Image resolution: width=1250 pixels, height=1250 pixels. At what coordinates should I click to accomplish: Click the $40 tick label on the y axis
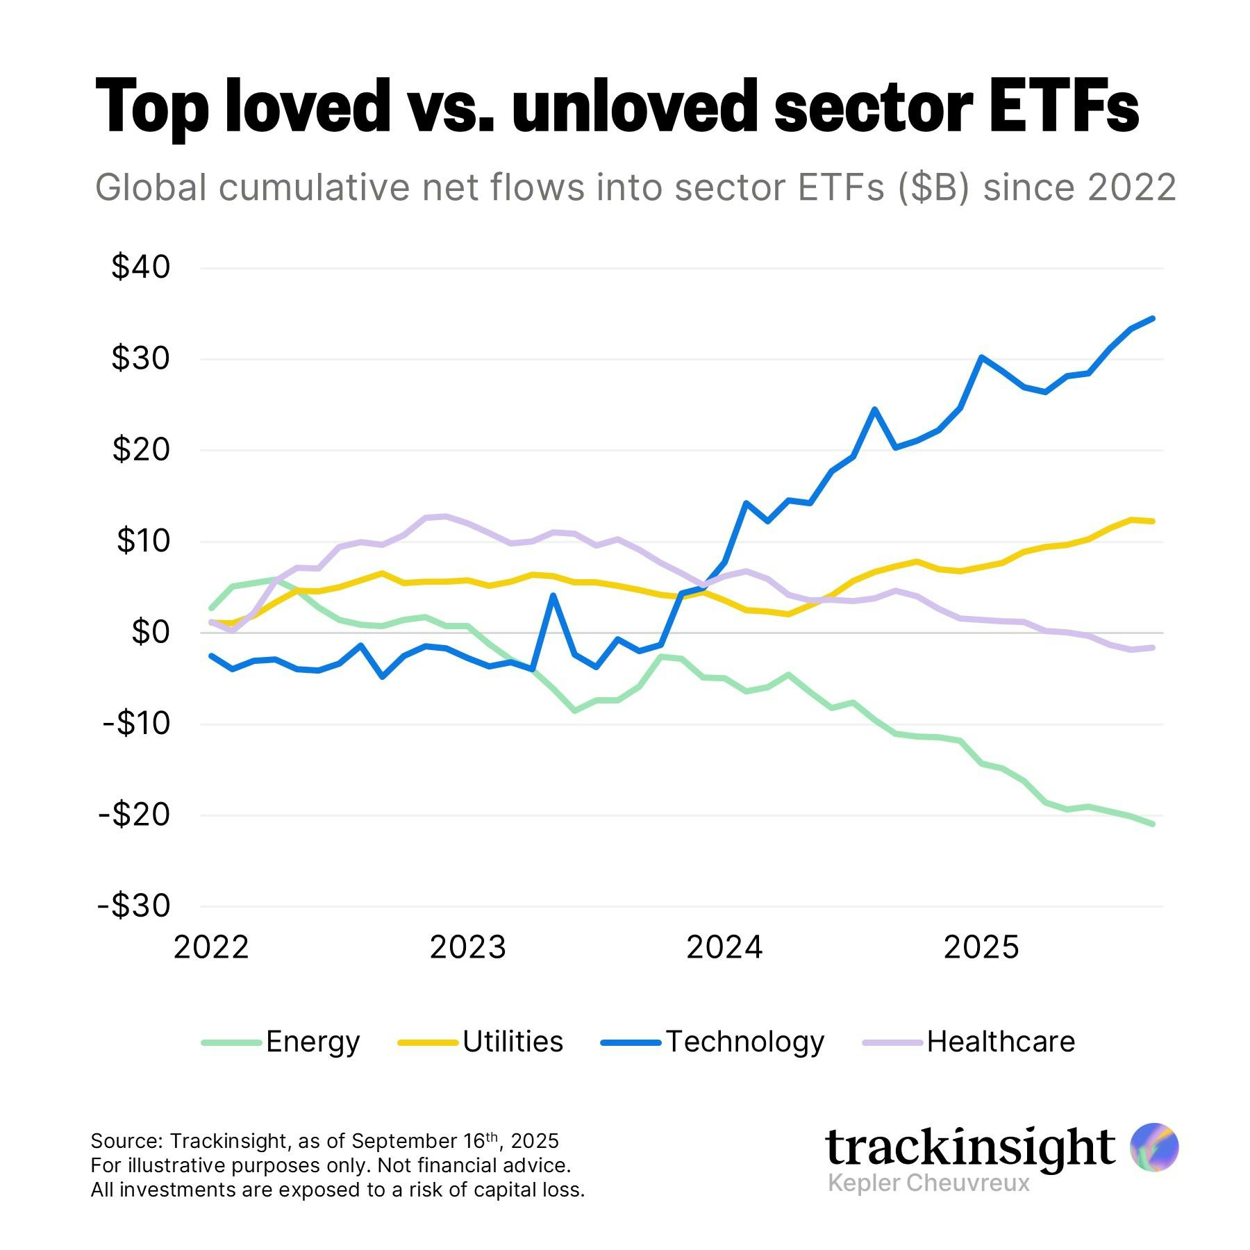pyautogui.click(x=141, y=267)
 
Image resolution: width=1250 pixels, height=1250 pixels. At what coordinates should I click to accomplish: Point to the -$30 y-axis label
pyautogui.click(x=135, y=906)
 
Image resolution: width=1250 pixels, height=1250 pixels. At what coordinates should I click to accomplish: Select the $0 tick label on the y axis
pyautogui.click(x=150, y=633)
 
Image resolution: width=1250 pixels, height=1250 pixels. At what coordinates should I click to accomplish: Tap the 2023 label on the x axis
pyautogui.click(x=467, y=947)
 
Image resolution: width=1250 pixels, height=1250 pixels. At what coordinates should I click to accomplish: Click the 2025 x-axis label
pyautogui.click(x=981, y=947)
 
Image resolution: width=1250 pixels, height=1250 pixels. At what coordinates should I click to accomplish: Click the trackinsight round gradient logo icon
pyautogui.click(x=1153, y=1147)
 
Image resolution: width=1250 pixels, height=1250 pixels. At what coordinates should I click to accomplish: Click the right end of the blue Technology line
pyautogui.click(x=1153, y=319)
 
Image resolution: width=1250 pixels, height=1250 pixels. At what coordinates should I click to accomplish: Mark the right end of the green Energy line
pyautogui.click(x=1153, y=824)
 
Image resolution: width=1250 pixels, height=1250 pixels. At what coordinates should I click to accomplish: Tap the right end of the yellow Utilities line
pyautogui.click(x=1153, y=521)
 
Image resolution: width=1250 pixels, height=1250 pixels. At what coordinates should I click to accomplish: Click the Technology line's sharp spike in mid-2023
pyautogui.click(x=553, y=596)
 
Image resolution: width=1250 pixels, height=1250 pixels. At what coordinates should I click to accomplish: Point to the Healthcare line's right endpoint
pyautogui.click(x=1153, y=647)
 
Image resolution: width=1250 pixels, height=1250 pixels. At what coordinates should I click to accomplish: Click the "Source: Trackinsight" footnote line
pyautogui.click(x=324, y=1141)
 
